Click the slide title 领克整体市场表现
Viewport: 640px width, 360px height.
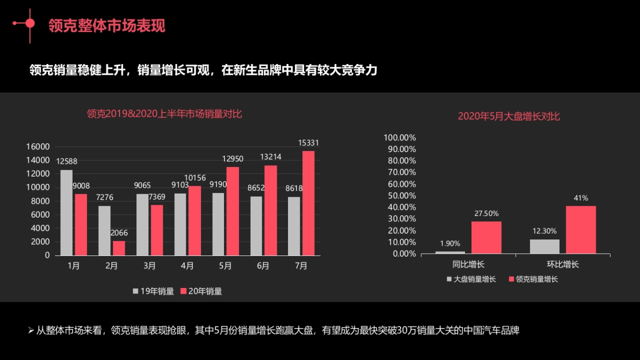coord(107,26)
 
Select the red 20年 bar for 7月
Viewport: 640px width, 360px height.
coord(308,203)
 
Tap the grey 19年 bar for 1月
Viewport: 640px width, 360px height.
coord(66,212)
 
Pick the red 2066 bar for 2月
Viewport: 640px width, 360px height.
coord(118,248)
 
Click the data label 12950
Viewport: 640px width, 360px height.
coord(233,159)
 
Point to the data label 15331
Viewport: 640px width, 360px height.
coord(308,143)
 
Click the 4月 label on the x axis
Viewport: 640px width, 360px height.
coord(187,266)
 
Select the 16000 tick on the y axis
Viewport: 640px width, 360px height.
coord(38,147)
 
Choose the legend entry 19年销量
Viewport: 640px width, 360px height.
coord(154,291)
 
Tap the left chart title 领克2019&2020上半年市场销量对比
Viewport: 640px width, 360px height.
coord(164,114)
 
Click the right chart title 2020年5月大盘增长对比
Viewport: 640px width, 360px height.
coord(509,116)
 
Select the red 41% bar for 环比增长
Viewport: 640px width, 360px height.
coord(581,229)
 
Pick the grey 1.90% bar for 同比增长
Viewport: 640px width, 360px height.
coord(450,252)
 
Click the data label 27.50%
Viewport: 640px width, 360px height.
coord(486,213)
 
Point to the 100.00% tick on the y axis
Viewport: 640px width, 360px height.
coord(400,138)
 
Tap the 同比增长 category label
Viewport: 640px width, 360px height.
coord(468,264)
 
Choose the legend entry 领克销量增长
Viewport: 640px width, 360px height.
coord(533,279)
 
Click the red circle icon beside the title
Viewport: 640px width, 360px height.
coord(30,23)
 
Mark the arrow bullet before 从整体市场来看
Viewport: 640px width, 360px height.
coord(31,331)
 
